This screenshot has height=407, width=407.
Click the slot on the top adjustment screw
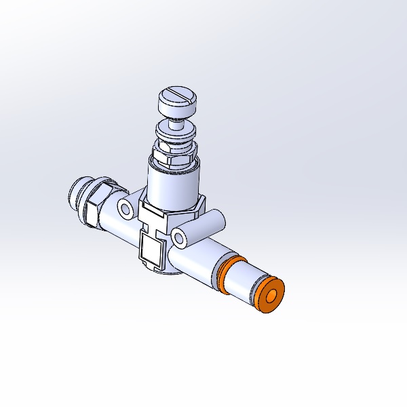pyautogui.click(x=178, y=92)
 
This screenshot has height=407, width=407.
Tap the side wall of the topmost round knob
pyautogui.click(x=175, y=109)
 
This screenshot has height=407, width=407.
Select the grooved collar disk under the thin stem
pyautogui.click(x=175, y=132)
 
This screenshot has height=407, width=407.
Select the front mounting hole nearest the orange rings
pyautogui.click(x=180, y=237)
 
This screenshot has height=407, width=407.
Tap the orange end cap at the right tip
pyautogui.click(x=270, y=296)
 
